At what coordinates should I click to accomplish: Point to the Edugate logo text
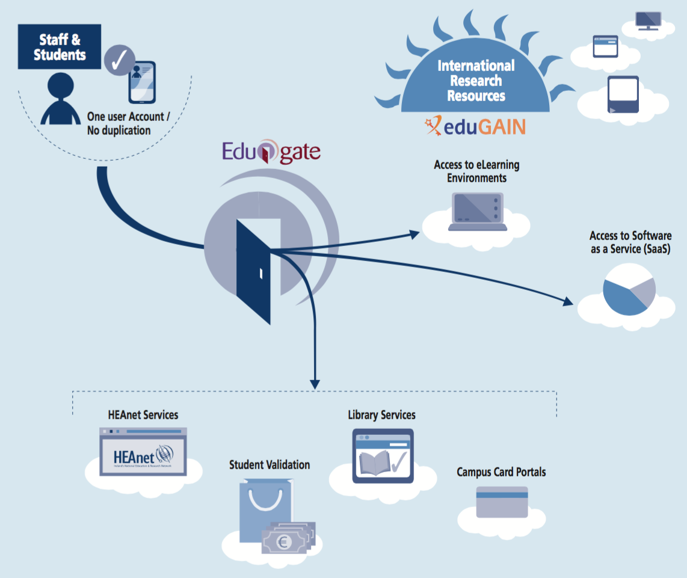(x=271, y=152)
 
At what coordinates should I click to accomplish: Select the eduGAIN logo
(x=475, y=126)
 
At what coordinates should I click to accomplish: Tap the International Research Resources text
(x=476, y=81)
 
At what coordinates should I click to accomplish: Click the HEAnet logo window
(x=143, y=452)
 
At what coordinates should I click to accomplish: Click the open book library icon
(x=383, y=457)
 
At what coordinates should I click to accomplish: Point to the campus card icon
(x=502, y=502)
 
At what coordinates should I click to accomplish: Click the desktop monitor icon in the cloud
(x=647, y=20)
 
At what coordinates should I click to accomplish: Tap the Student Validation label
(x=270, y=465)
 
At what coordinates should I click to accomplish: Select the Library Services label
(x=381, y=415)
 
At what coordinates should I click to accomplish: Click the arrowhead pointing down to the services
(x=315, y=383)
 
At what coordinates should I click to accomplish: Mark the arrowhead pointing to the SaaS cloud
(x=568, y=302)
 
